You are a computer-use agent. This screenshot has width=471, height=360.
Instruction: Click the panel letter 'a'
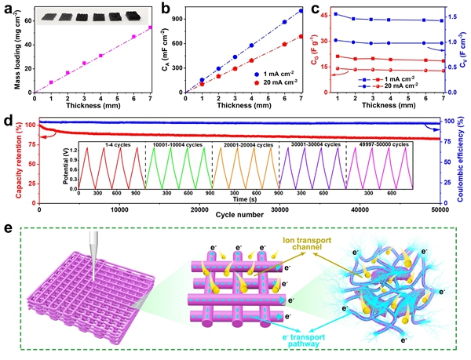8,8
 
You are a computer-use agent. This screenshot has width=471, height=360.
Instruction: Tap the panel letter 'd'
8,122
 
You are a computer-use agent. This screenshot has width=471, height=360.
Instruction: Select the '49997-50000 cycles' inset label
382,144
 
